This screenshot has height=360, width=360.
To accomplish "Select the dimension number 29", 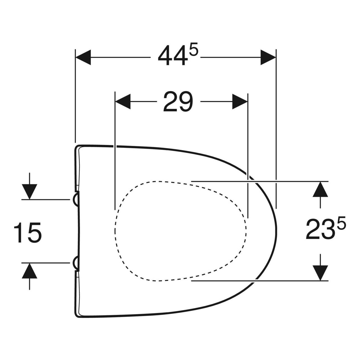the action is coord(178,102).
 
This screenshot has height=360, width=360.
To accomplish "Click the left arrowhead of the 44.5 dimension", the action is coord(83,57).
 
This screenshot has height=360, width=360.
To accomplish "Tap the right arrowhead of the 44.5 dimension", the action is coord(268,57).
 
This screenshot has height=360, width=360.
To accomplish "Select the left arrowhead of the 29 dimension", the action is coord(123,101).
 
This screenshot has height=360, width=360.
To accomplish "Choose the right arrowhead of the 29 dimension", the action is coord(240,101).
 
